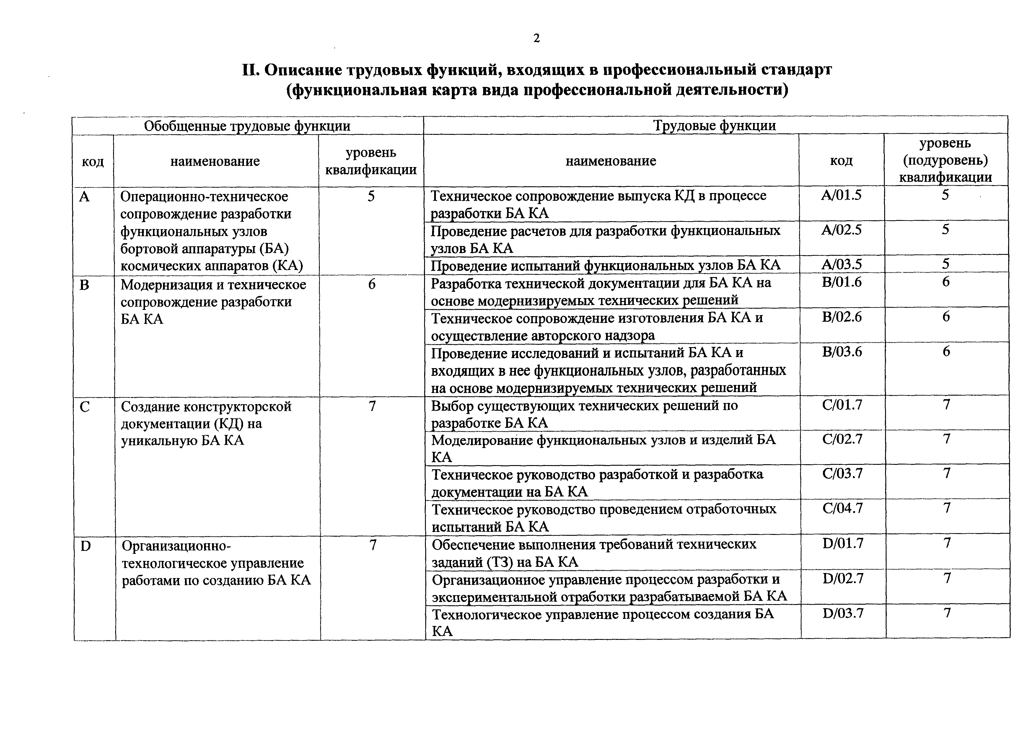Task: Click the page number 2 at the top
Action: [x=536, y=39]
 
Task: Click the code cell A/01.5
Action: [x=841, y=195]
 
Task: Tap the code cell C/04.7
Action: [x=843, y=509]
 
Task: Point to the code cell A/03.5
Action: [x=841, y=264]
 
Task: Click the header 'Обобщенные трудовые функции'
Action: [x=247, y=126]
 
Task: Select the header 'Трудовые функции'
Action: [x=715, y=126]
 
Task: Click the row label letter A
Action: [x=84, y=197]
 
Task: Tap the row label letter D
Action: [x=85, y=546]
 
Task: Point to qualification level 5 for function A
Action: [x=371, y=196]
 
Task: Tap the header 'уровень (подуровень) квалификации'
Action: [x=945, y=160]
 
